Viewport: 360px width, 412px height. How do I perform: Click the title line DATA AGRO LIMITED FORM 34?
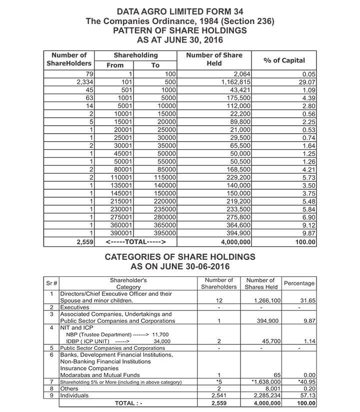point(180,11)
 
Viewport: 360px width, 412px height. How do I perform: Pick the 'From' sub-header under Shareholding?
point(115,65)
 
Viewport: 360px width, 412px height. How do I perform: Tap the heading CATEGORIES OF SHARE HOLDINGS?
point(180,257)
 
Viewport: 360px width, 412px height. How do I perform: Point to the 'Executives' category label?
point(74,307)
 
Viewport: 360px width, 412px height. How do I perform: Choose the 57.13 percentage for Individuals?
point(306,395)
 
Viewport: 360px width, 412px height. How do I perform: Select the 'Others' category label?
point(69,388)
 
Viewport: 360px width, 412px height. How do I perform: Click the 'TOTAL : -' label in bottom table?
point(128,402)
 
